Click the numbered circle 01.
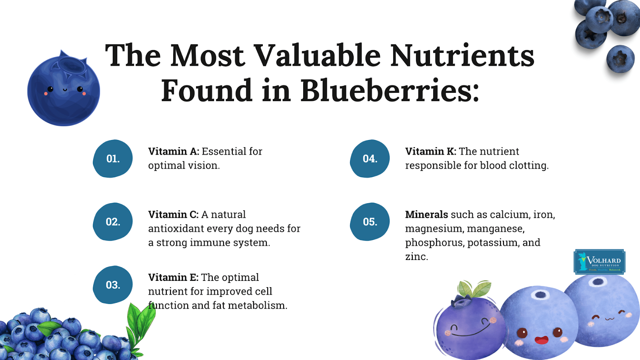pyautogui.click(x=112, y=158)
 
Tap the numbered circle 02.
pyautogui.click(x=112, y=222)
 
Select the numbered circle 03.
pyautogui.click(x=112, y=284)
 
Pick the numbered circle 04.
pyautogui.click(x=370, y=158)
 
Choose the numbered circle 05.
pyautogui.click(x=370, y=222)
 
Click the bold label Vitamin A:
pyautogui.click(x=174, y=152)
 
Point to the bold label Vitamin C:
pyautogui.click(x=173, y=214)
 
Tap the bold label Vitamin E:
pyautogui.click(x=173, y=278)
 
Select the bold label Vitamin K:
pyautogui.click(x=430, y=152)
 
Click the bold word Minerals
pyautogui.click(x=426, y=214)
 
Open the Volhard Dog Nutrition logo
pyautogui.click(x=600, y=262)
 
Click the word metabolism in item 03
pyautogui.click(x=258, y=306)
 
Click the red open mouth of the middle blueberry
pyautogui.click(x=542, y=340)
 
